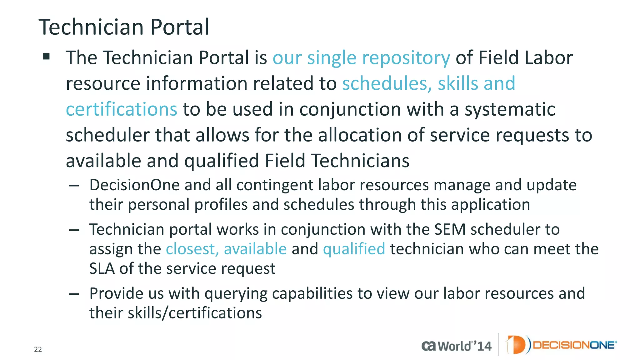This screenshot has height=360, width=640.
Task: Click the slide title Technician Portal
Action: (x=124, y=27)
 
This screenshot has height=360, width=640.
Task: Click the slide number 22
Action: (x=38, y=349)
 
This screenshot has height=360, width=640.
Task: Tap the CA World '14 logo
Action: (x=456, y=346)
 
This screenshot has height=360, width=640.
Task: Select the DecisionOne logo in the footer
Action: (x=561, y=345)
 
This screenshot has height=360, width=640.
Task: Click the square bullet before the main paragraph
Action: (x=47, y=57)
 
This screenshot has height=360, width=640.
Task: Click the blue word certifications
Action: (x=122, y=109)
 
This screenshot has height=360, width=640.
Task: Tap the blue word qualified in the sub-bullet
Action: (x=354, y=249)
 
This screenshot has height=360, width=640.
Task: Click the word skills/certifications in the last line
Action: (x=195, y=313)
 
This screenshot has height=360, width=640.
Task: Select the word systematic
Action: (x=510, y=109)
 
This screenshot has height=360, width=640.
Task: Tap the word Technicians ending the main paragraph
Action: (x=360, y=161)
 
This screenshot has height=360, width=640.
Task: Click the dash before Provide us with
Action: (x=74, y=294)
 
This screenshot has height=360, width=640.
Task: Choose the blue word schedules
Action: (x=387, y=83)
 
